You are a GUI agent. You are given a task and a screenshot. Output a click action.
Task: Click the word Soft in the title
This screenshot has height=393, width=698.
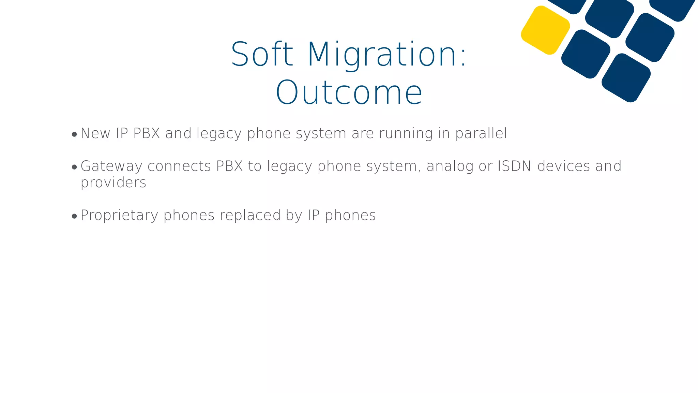coord(262,55)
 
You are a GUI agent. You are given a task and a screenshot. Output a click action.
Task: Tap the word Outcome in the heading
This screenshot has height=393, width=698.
coord(349,93)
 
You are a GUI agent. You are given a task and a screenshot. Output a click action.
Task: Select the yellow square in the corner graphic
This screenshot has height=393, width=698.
coord(545,30)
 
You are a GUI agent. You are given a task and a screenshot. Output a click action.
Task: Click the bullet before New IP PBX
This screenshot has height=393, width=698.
coord(74,135)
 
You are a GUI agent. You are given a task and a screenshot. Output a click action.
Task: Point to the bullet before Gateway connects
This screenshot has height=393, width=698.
coord(74,168)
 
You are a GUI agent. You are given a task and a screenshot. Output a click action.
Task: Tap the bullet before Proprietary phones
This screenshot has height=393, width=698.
coord(74,217)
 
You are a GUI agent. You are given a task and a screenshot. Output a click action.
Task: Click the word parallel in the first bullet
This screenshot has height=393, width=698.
coord(481,134)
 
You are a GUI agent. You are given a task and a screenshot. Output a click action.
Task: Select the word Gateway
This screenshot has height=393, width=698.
coord(111,166)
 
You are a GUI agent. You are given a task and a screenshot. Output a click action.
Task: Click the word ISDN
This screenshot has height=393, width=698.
coord(514,166)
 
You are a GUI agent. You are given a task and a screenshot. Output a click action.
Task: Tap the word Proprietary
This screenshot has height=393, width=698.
coord(119,216)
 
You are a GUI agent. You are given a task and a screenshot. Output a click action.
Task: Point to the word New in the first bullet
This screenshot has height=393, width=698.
coord(95,133)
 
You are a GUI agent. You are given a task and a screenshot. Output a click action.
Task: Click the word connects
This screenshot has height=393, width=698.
coord(179,166)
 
